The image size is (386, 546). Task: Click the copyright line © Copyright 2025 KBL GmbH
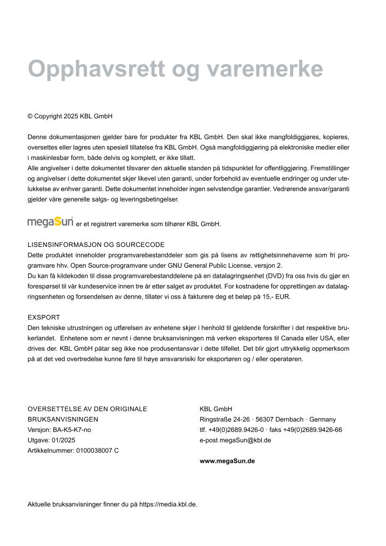click(70, 116)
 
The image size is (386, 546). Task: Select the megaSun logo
click(50, 222)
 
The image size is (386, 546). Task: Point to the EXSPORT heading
click(44, 317)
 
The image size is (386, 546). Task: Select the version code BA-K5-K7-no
click(71, 430)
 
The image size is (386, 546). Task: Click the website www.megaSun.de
click(227, 461)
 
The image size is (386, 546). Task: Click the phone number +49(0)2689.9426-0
click(234, 430)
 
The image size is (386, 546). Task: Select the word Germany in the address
click(323, 420)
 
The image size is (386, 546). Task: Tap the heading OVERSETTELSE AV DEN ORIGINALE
click(87, 409)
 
